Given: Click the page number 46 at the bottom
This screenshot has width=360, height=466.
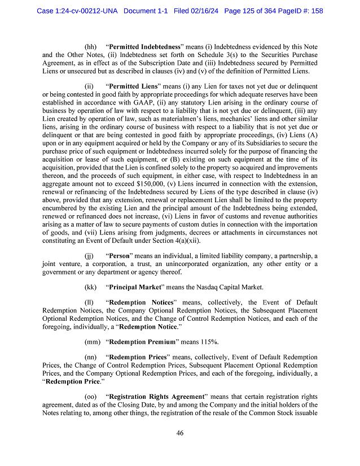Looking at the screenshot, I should pos(179,433).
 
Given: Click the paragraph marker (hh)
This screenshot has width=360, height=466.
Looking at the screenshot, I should pos(90,45).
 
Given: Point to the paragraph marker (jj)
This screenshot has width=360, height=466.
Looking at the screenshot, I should pos(90,256).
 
